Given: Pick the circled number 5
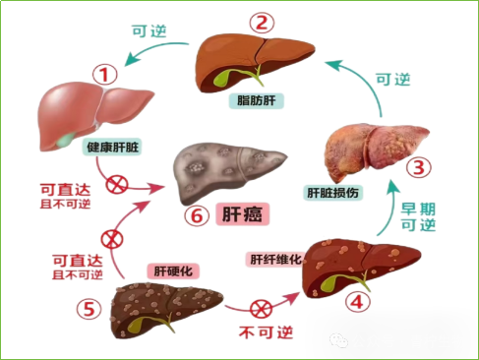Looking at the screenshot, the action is pyautogui.click(x=90, y=309).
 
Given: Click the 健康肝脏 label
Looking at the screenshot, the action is pyautogui.click(x=112, y=145).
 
